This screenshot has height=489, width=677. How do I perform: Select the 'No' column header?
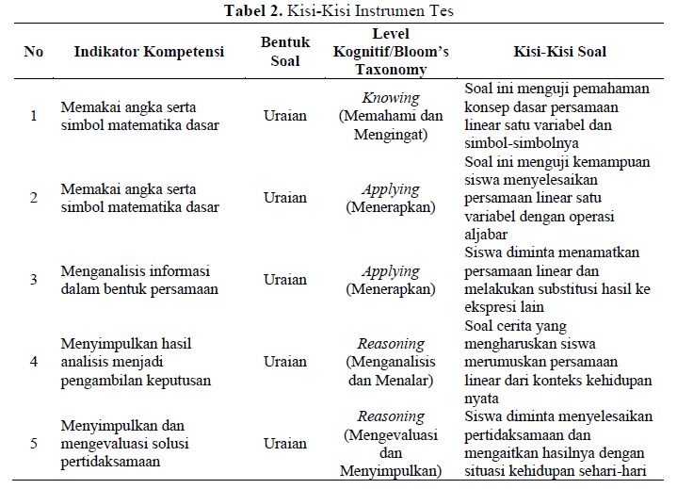[x=34, y=51]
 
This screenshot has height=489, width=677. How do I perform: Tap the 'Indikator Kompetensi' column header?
[x=149, y=51]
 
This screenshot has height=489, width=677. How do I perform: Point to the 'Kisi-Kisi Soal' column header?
[x=560, y=51]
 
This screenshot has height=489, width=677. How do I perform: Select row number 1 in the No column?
[x=34, y=116]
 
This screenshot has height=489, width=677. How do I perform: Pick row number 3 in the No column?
[x=34, y=280]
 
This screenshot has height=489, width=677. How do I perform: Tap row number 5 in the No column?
[x=34, y=444]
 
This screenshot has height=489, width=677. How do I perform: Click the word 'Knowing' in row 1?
[x=391, y=98]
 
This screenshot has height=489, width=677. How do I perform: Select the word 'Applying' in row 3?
[x=391, y=262]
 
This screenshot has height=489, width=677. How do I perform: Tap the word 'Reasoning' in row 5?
[x=391, y=415]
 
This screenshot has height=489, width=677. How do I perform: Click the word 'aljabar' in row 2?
[x=487, y=234]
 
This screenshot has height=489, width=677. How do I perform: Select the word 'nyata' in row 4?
[x=482, y=398]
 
